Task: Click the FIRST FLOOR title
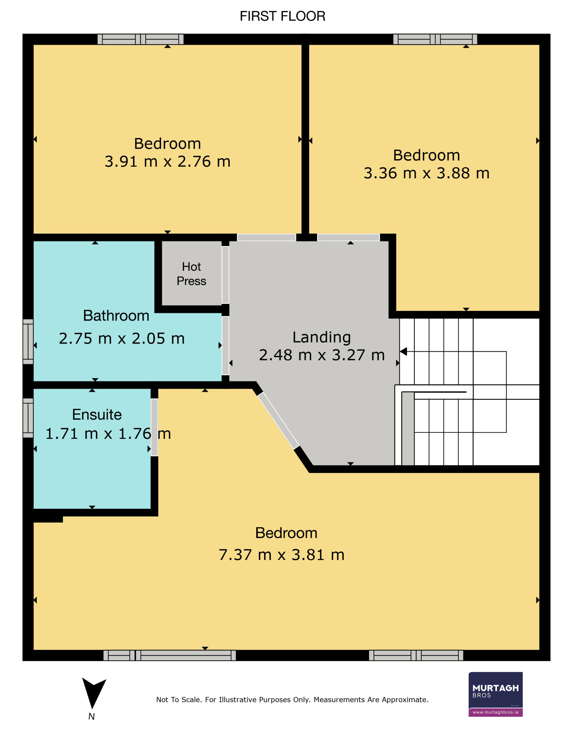click(x=282, y=16)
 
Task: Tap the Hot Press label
click(x=191, y=274)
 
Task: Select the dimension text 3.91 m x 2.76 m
click(x=167, y=162)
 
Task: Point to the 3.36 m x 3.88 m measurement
click(x=427, y=173)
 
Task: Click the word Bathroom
click(x=116, y=316)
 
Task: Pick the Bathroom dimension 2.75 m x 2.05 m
click(x=122, y=339)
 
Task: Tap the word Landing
click(x=322, y=337)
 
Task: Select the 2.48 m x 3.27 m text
click(x=322, y=355)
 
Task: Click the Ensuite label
click(x=97, y=415)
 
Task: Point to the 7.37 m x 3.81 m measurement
click(x=282, y=555)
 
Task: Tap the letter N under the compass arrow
click(x=91, y=716)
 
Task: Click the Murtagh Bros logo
click(x=495, y=694)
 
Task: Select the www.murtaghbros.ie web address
click(x=496, y=712)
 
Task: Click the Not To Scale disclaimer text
click(x=292, y=700)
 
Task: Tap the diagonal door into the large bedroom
click(x=278, y=421)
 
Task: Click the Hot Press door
click(x=225, y=275)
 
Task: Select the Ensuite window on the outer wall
click(x=28, y=418)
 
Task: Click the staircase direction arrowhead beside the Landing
click(x=403, y=352)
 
